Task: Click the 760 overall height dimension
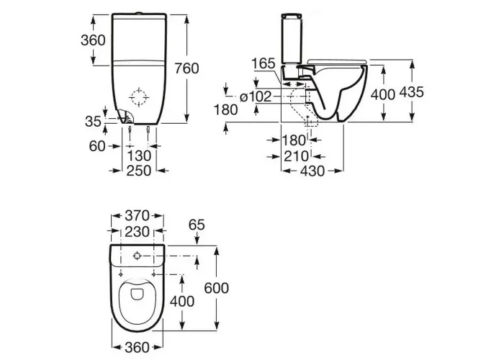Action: coord(186,68)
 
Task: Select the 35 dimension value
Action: coord(93,122)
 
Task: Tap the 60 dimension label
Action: coord(97,146)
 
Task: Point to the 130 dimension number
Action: coord(139,156)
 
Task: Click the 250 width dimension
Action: coord(138,171)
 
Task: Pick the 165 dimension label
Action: coord(264,63)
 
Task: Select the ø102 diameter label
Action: coord(256,96)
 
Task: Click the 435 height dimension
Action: coord(411,92)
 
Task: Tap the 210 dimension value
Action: coord(296,156)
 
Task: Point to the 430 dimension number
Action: coord(312,171)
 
